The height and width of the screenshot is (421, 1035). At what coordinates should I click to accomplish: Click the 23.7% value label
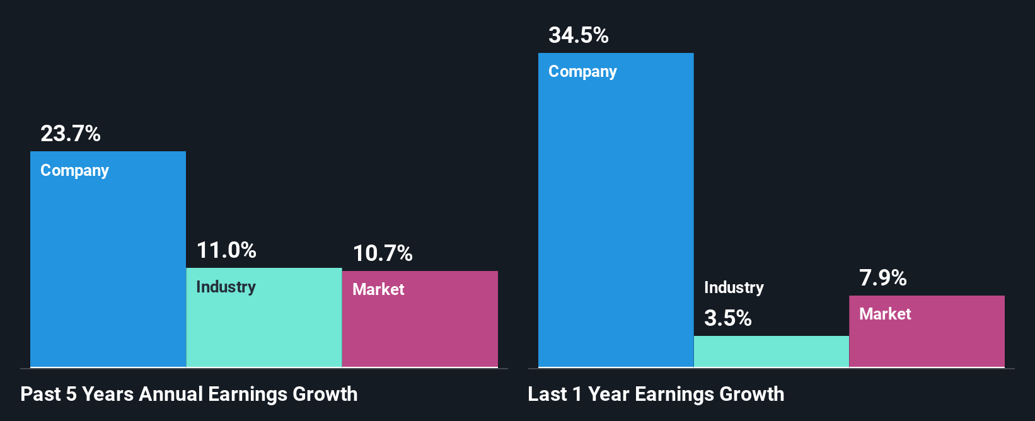coord(71,134)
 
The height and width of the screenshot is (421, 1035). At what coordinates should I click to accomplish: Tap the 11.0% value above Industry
coord(226,250)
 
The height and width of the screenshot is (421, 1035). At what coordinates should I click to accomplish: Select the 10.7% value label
coord(383,253)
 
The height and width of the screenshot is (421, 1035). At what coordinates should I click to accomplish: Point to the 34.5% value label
coord(579,35)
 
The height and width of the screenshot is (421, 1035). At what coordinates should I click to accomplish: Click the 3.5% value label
coord(728,318)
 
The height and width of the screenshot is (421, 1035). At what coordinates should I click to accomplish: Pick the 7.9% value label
coord(883,278)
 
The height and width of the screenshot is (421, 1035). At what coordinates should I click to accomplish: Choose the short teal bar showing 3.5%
coord(772,352)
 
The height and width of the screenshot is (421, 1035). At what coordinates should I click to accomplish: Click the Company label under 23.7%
coord(74,171)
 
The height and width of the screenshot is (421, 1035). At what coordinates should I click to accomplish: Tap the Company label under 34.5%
coord(582,72)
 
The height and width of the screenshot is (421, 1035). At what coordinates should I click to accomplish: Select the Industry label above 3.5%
coord(734,288)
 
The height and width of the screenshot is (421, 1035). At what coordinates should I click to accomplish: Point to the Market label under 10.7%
coord(378,289)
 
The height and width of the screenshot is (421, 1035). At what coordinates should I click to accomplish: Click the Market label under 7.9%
coord(885,314)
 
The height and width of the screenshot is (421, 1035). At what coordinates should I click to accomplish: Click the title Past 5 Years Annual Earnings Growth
coord(189,394)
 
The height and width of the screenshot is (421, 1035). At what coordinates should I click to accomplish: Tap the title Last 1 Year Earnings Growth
coord(656,394)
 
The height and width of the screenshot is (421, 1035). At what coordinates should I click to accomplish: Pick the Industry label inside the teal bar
coord(226,287)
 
